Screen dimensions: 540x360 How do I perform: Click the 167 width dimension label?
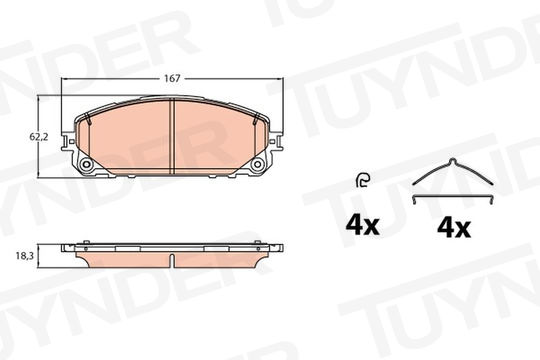click(x=172, y=79)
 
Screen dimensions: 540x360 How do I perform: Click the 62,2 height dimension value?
click(x=39, y=137)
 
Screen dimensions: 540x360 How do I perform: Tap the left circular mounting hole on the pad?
click(x=86, y=165)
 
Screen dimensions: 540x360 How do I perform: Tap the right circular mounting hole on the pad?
click(x=257, y=165)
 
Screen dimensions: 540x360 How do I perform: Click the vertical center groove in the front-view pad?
click(x=173, y=136)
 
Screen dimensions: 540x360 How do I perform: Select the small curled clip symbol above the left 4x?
click(x=363, y=180)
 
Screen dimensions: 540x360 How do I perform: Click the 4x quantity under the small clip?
click(x=362, y=226)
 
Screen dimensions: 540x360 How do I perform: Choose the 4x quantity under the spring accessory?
click(x=454, y=228)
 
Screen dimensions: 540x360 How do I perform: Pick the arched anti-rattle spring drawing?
click(x=453, y=171)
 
